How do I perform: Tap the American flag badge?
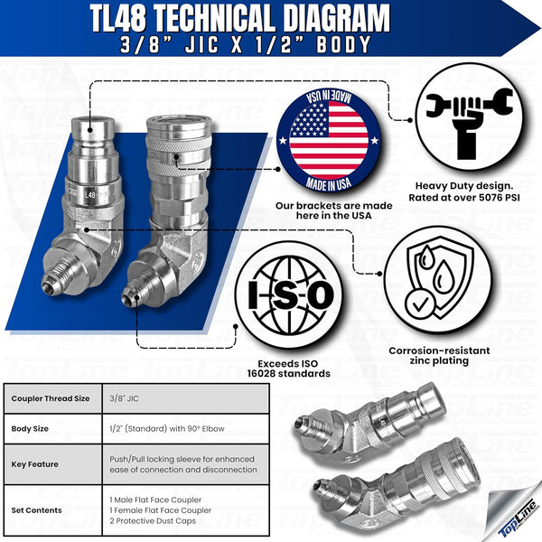(322, 139)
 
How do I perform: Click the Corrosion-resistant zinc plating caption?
(441, 354)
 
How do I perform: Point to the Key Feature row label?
(35, 463)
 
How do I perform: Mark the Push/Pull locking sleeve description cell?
(181, 463)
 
